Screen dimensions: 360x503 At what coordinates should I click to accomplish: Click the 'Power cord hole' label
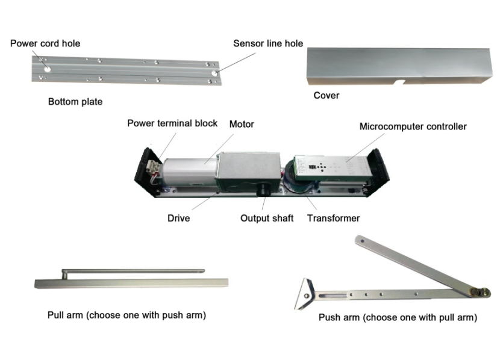tap(45, 43)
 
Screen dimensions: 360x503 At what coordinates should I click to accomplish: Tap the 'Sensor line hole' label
tap(268, 43)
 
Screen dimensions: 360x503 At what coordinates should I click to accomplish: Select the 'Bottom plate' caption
tap(75, 102)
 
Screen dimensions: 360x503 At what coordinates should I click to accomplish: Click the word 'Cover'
tap(326, 95)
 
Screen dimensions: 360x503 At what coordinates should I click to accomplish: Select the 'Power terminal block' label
tap(172, 123)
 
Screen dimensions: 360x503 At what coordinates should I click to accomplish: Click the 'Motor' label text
tap(242, 124)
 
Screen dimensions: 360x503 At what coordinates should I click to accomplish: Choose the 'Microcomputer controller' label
tap(413, 126)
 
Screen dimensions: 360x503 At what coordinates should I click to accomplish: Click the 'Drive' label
tap(178, 218)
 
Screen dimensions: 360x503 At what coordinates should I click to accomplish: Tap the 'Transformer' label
tap(333, 218)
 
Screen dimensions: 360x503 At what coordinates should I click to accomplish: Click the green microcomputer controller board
tap(328, 166)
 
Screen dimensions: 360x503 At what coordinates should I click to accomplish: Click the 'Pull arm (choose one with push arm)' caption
tap(127, 315)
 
